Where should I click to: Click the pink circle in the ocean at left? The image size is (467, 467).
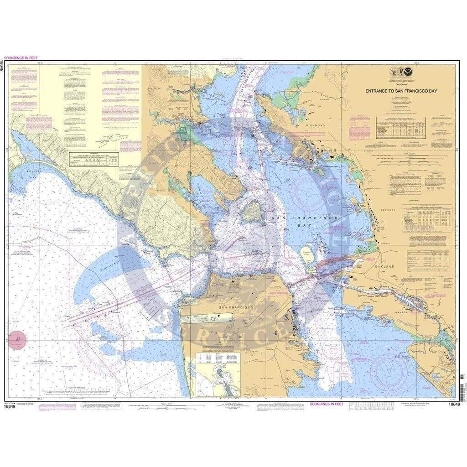pyautogui.click(x=17, y=340)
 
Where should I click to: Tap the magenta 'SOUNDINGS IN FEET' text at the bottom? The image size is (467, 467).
pyautogui.click(x=328, y=404)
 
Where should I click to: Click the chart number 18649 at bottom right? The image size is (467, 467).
pyautogui.click(x=454, y=404)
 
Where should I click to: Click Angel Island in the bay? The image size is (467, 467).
pyautogui.click(x=252, y=211)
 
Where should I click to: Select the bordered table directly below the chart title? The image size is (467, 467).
pyautogui.click(x=401, y=127)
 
